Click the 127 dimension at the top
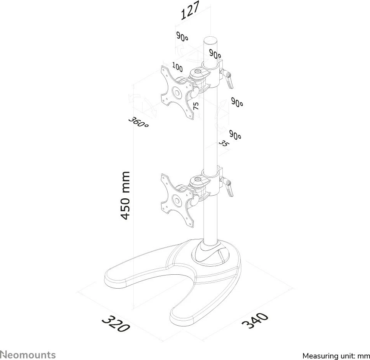tap(190, 10)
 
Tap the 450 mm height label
tap(125, 196)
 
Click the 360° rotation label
tap(138, 122)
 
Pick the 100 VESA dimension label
tap(177, 67)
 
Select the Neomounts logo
tap(28, 355)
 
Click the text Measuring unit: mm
tap(336, 356)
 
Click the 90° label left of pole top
tap(182, 37)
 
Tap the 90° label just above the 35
tap(235, 135)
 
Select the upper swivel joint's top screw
tap(197, 71)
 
